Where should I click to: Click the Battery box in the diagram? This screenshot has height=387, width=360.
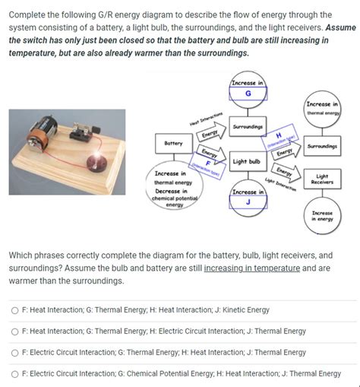173,142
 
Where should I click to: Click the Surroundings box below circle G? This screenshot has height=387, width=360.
248,126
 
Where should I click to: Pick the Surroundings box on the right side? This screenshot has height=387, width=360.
323,144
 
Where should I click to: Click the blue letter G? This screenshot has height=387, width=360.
248,94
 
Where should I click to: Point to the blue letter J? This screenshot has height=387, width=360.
248,202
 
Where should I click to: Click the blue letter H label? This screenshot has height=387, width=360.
279,135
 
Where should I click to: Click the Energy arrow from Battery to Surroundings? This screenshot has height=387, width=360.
207,135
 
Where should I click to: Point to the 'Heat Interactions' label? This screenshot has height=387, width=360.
207,119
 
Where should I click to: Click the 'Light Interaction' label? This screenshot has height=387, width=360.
282,183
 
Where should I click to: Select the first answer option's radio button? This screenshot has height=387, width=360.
14,310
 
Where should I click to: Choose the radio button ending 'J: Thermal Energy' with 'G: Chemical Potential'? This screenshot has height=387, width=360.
14,374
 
